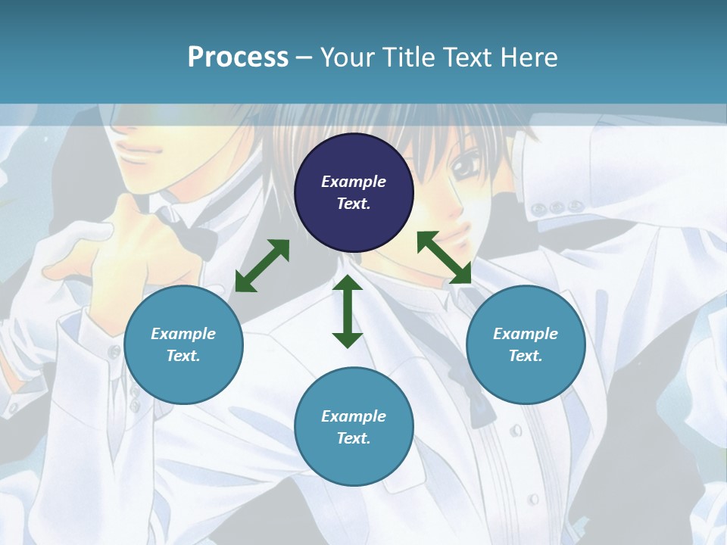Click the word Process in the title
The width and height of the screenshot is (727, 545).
click(238, 57)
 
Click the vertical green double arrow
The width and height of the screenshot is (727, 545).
click(348, 312)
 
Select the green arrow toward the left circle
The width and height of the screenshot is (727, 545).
click(262, 266)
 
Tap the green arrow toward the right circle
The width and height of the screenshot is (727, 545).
click(444, 257)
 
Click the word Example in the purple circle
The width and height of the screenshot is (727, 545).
click(354, 182)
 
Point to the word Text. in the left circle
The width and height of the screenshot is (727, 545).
click(183, 356)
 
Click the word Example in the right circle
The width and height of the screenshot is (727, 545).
click(526, 334)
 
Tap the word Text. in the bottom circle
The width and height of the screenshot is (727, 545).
click(354, 438)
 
